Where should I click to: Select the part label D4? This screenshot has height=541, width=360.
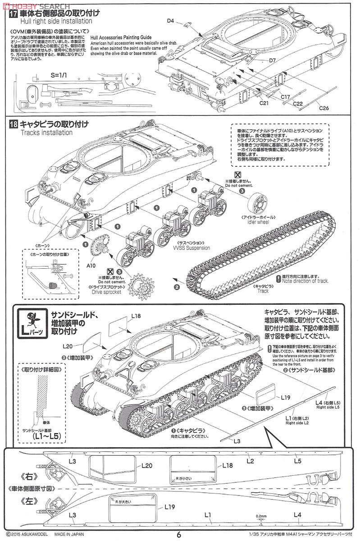coord(170,21)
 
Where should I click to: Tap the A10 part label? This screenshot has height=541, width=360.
coord(92,265)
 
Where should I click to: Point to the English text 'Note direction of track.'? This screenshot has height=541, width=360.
coord(305,281)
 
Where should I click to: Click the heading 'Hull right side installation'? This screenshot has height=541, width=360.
coord(56,21)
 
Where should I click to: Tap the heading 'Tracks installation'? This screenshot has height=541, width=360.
coord(46,133)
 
